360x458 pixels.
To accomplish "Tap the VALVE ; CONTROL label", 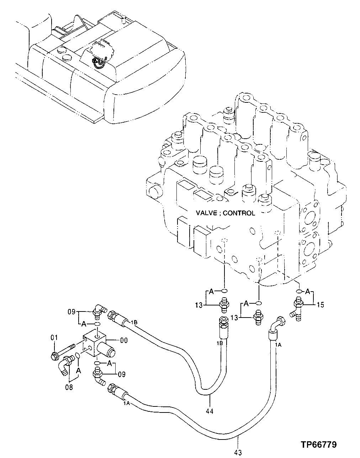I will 225,213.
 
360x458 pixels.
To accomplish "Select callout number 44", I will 210,411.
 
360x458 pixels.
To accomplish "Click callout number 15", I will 320,305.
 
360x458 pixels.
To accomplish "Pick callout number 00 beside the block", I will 124,340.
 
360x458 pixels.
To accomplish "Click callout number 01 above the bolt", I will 54,337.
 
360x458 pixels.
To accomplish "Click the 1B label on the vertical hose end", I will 219,343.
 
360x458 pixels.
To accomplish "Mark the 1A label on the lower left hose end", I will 126,403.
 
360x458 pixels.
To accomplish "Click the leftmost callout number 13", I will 198,305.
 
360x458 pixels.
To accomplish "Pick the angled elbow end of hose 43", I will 275,324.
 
